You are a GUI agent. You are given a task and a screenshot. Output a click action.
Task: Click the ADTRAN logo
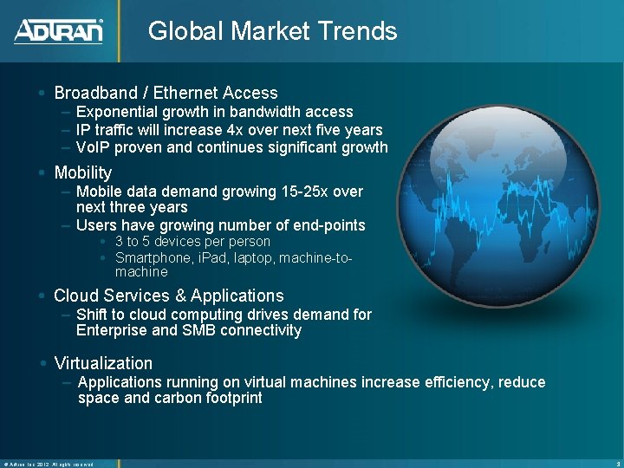pyautogui.click(x=58, y=31)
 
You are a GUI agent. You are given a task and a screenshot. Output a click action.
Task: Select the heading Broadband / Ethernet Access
pyautogui.click(x=166, y=93)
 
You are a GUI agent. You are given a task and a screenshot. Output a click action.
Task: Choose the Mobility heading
pyautogui.click(x=83, y=172)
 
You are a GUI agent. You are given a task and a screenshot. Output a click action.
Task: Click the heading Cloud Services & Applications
pyautogui.click(x=169, y=296)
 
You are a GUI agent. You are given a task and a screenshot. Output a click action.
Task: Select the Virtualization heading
pyautogui.click(x=103, y=363)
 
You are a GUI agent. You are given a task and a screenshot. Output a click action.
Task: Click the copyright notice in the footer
pyautogui.click(x=48, y=464)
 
